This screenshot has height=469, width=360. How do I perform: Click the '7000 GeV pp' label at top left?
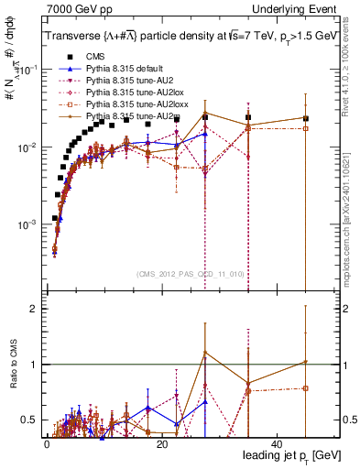pos(72,8)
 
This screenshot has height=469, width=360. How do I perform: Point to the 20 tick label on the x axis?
pos(162,443)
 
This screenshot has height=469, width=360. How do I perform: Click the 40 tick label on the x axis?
pos(278,443)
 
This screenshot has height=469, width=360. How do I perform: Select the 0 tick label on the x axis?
pos(47,443)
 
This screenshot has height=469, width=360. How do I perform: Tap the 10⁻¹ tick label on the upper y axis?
pos(30,70)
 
